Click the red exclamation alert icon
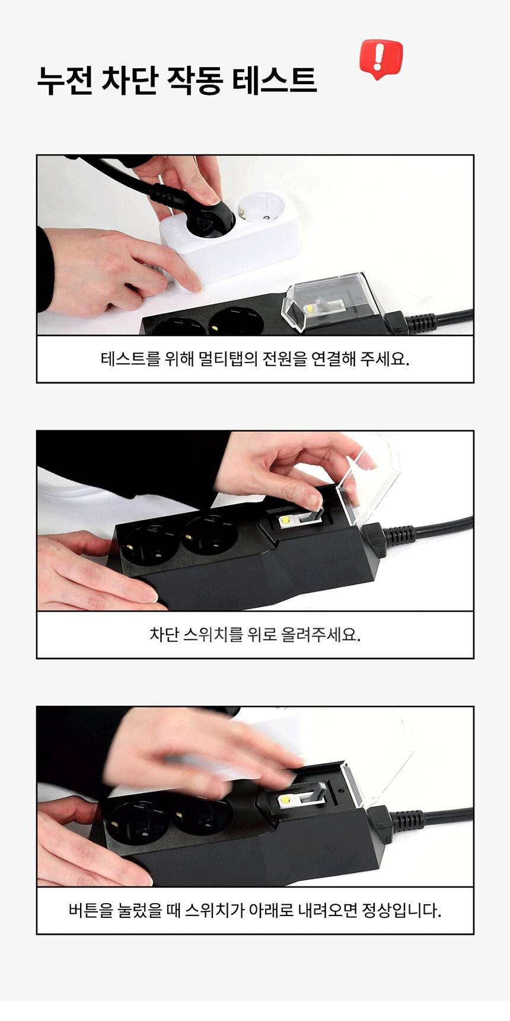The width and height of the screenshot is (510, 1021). [381, 59]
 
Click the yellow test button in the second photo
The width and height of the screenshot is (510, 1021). [285, 520]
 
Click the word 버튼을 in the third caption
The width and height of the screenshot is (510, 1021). [91, 910]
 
